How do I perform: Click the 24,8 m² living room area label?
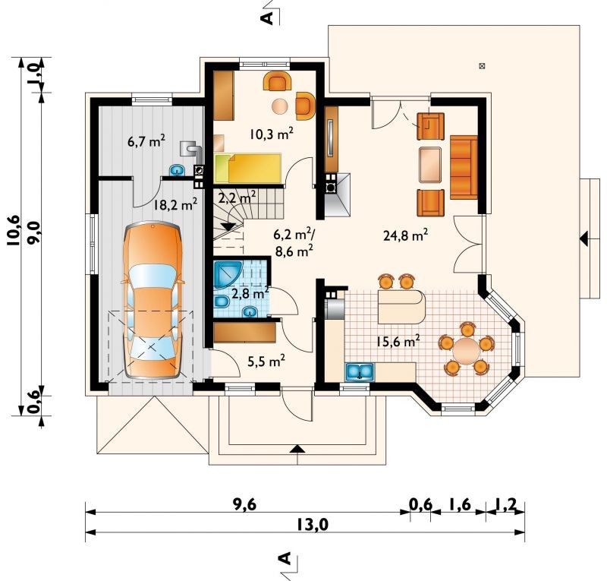coord(405,235)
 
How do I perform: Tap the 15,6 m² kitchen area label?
coord(398,341)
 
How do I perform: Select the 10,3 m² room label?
coord(271,134)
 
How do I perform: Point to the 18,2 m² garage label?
coord(175,204)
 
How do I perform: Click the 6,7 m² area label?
coord(146,141)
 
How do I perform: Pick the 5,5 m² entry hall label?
coord(266,362)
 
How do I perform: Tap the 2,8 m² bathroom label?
coord(250,294)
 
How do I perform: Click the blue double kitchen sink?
coord(360,371)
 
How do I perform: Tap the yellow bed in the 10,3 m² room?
coord(248,168)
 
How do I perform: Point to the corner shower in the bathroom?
coord(228,274)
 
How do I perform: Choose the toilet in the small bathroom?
coord(221,302)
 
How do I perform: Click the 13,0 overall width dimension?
coord(313,525)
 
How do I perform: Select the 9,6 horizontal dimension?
coord(244,504)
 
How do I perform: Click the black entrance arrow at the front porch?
coord(297,448)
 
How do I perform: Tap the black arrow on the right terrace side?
coord(584,238)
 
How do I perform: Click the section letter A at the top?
coord(267,17)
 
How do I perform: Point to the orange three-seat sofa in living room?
coord(464,167)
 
